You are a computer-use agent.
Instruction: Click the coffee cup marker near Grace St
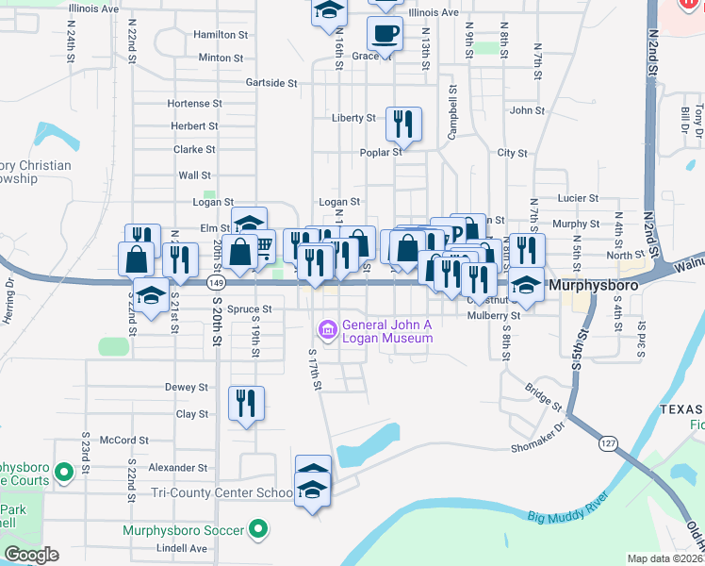[385, 35]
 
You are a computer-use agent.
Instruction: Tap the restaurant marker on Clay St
[246, 403]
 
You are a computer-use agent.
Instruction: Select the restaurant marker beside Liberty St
[403, 123]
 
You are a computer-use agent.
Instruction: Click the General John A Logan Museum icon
[327, 329]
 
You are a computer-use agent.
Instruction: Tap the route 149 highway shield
[217, 282]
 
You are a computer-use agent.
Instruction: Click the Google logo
[30, 555]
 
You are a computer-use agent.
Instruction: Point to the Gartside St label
[271, 83]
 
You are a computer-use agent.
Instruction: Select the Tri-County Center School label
[222, 493]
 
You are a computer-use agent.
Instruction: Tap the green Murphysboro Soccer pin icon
[256, 530]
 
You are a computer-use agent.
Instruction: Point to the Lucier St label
[578, 198]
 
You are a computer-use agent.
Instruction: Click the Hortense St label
[194, 103]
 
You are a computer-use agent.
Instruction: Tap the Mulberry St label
[494, 316]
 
